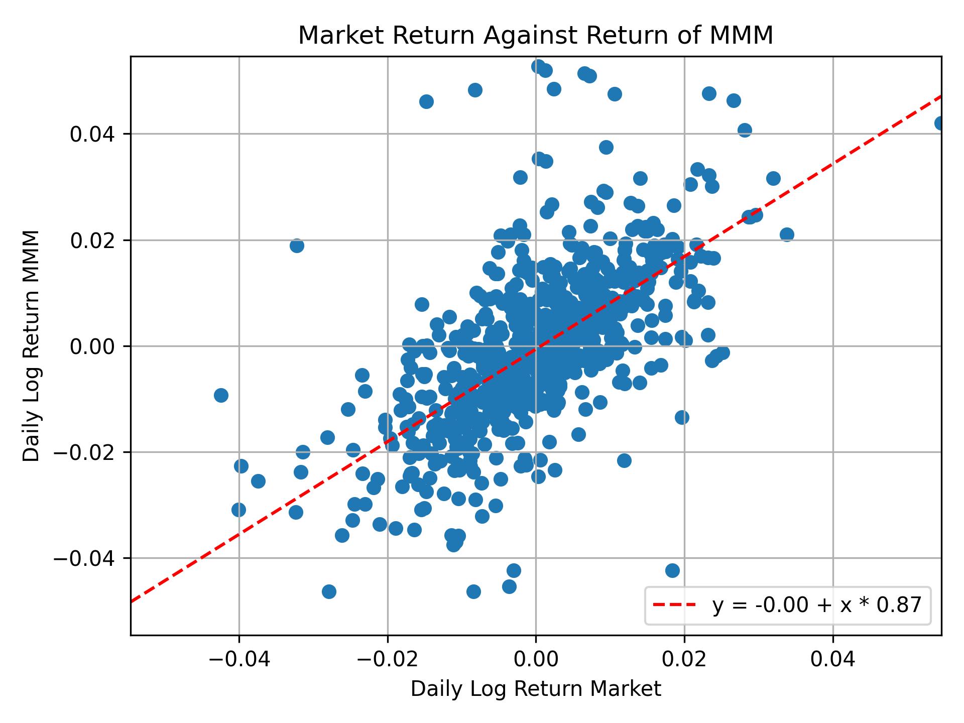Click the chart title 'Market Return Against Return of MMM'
[536, 36]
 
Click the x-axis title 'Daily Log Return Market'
[536, 689]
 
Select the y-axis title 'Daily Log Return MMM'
[31, 346]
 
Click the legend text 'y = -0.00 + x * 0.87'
[817, 606]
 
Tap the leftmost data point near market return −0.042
[221, 395]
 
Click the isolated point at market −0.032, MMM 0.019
[297, 246]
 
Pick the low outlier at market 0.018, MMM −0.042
[672, 570]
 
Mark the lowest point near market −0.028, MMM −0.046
[329, 591]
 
